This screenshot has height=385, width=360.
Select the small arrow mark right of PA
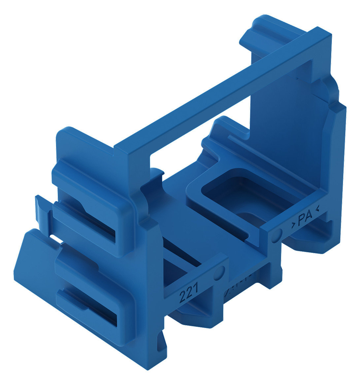pyautogui.click(x=317, y=208)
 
